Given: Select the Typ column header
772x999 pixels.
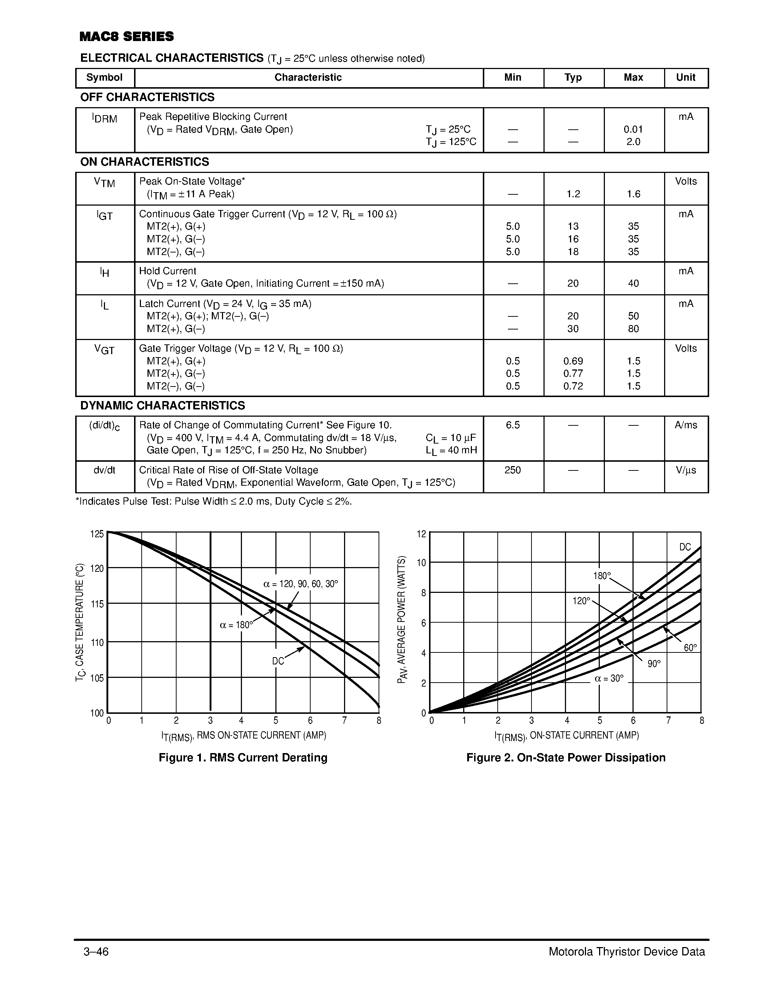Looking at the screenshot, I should [x=573, y=78].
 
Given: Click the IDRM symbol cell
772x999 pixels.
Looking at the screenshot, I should [x=105, y=118].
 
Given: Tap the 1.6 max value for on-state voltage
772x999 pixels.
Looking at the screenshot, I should [x=633, y=194].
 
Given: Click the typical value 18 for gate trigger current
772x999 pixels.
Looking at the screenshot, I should [x=573, y=252].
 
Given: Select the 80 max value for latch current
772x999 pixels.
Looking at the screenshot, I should [x=633, y=329].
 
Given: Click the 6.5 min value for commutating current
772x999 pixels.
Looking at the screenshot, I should [x=513, y=425].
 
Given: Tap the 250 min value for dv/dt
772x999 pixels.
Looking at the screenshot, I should [x=513, y=470].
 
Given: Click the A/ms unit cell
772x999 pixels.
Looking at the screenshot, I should [x=686, y=425].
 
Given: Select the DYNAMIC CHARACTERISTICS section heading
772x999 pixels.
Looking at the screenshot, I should [x=162, y=406].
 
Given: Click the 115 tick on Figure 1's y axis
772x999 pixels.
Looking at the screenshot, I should [x=97, y=604].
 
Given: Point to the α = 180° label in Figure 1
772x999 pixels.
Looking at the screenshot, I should [x=236, y=625].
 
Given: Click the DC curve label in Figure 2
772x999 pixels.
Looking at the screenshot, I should [x=685, y=547].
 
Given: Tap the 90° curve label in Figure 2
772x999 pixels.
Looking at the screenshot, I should [x=654, y=664].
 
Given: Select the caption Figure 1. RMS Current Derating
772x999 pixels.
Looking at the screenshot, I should [x=243, y=758].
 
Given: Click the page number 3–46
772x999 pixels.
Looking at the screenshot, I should [x=96, y=952].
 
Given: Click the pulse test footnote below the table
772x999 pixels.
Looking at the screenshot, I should [x=214, y=502].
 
